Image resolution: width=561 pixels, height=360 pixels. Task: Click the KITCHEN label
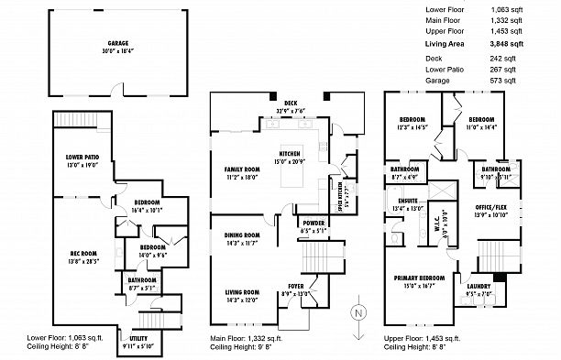290,154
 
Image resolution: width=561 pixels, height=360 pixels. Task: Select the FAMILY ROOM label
243,170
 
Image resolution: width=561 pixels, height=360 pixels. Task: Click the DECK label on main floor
290,104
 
